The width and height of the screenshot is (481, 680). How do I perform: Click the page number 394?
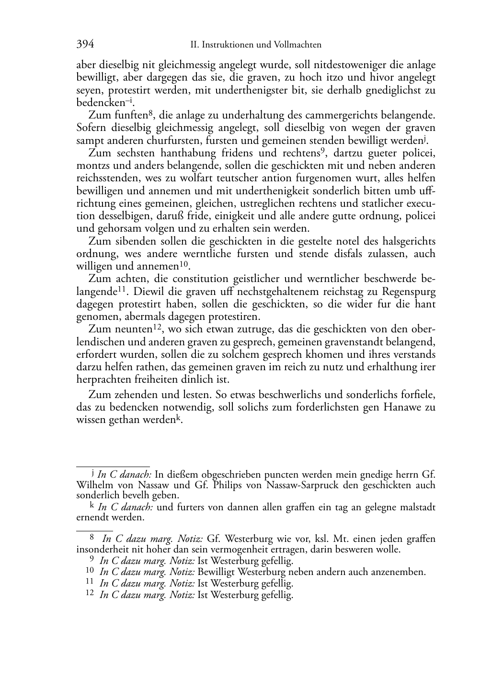coord(85,45)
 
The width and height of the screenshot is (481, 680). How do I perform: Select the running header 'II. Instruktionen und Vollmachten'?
coord(255,45)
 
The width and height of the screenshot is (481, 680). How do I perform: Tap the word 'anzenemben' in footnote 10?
coord(401,572)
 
